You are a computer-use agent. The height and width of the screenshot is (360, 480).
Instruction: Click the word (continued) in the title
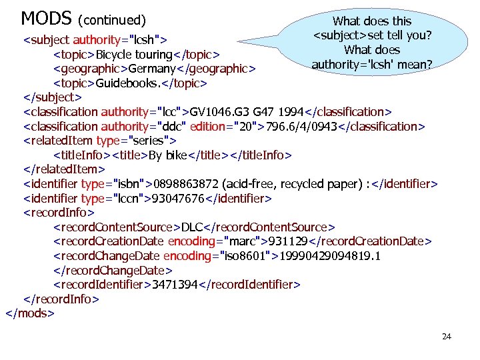click(113, 19)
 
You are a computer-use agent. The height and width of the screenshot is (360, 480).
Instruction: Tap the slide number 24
click(447, 337)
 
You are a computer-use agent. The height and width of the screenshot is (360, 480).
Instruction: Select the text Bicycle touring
click(134, 54)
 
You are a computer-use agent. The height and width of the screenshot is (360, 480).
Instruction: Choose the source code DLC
click(194, 227)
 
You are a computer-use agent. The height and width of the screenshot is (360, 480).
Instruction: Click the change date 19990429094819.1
click(330, 256)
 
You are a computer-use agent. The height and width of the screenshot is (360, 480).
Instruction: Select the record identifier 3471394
click(176, 285)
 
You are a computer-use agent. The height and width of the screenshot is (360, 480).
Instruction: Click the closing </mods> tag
click(30, 312)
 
